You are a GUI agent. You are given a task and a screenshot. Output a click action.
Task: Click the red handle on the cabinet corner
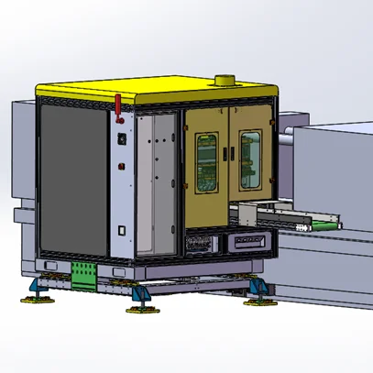pos(119,104)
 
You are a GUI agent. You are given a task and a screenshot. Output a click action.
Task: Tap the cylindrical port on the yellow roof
pos(222,82)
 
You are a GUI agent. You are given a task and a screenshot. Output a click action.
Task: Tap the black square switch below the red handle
pos(120,138)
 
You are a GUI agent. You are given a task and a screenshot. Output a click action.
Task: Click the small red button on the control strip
pos(120,167)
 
